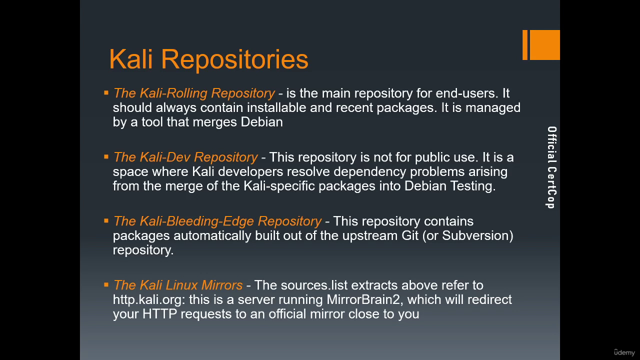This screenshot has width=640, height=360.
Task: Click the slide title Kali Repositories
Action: point(208,59)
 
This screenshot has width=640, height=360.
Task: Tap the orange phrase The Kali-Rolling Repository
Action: point(194,93)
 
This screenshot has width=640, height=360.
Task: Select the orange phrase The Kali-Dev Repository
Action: point(185,157)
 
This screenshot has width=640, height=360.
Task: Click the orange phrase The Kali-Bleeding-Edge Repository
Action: point(217,221)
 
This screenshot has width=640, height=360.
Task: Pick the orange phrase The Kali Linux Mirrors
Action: point(178,285)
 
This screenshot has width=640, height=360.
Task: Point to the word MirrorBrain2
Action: point(365,299)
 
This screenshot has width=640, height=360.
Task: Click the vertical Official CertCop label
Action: point(551,167)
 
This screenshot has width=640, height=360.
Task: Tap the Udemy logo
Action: point(624,352)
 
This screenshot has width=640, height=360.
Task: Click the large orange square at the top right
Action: point(545,45)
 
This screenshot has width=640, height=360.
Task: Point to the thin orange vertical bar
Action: point(525,45)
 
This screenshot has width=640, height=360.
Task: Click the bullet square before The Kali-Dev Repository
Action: point(106,156)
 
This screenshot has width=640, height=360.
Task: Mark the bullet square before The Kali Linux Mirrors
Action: point(106,284)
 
